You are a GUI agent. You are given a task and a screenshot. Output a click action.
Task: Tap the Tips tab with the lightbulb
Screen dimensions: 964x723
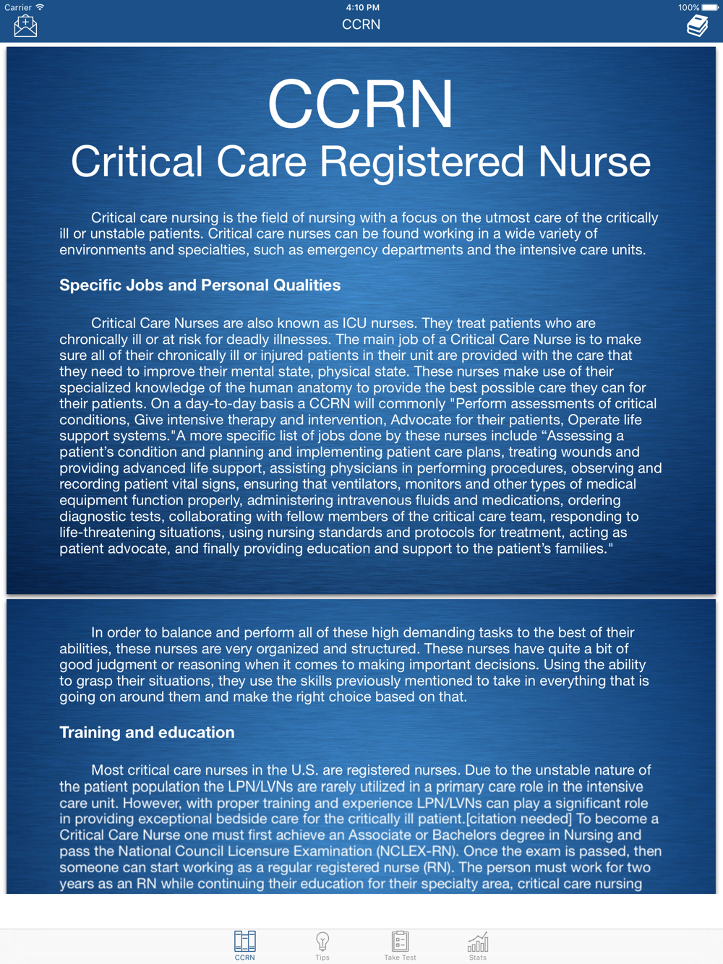(x=322, y=945)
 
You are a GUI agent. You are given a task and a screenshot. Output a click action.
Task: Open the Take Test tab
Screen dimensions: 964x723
(x=400, y=945)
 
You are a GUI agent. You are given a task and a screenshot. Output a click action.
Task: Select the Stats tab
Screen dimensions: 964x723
(x=477, y=945)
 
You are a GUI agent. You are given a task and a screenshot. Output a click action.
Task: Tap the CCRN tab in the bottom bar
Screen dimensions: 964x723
(x=244, y=945)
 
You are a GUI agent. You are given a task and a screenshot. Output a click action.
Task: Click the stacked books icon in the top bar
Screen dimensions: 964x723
(x=697, y=26)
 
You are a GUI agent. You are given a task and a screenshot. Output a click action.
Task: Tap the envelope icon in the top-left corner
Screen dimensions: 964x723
(x=25, y=26)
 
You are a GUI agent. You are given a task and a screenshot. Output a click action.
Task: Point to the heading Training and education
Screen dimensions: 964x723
(x=147, y=732)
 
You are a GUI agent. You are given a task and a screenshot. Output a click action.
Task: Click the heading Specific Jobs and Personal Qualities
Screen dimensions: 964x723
(x=200, y=285)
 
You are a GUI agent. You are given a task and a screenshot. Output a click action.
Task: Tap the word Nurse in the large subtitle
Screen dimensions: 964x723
(x=594, y=161)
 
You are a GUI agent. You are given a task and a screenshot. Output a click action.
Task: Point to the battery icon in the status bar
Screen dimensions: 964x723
(x=710, y=7)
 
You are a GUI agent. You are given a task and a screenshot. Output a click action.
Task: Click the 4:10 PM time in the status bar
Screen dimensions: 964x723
(x=362, y=7)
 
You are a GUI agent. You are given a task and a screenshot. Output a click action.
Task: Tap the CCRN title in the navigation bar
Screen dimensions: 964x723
(x=361, y=25)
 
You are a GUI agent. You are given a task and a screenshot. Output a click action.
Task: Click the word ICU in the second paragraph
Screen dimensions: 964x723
(x=355, y=323)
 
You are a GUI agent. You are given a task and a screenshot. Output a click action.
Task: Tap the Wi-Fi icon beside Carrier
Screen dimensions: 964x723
(x=40, y=7)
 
